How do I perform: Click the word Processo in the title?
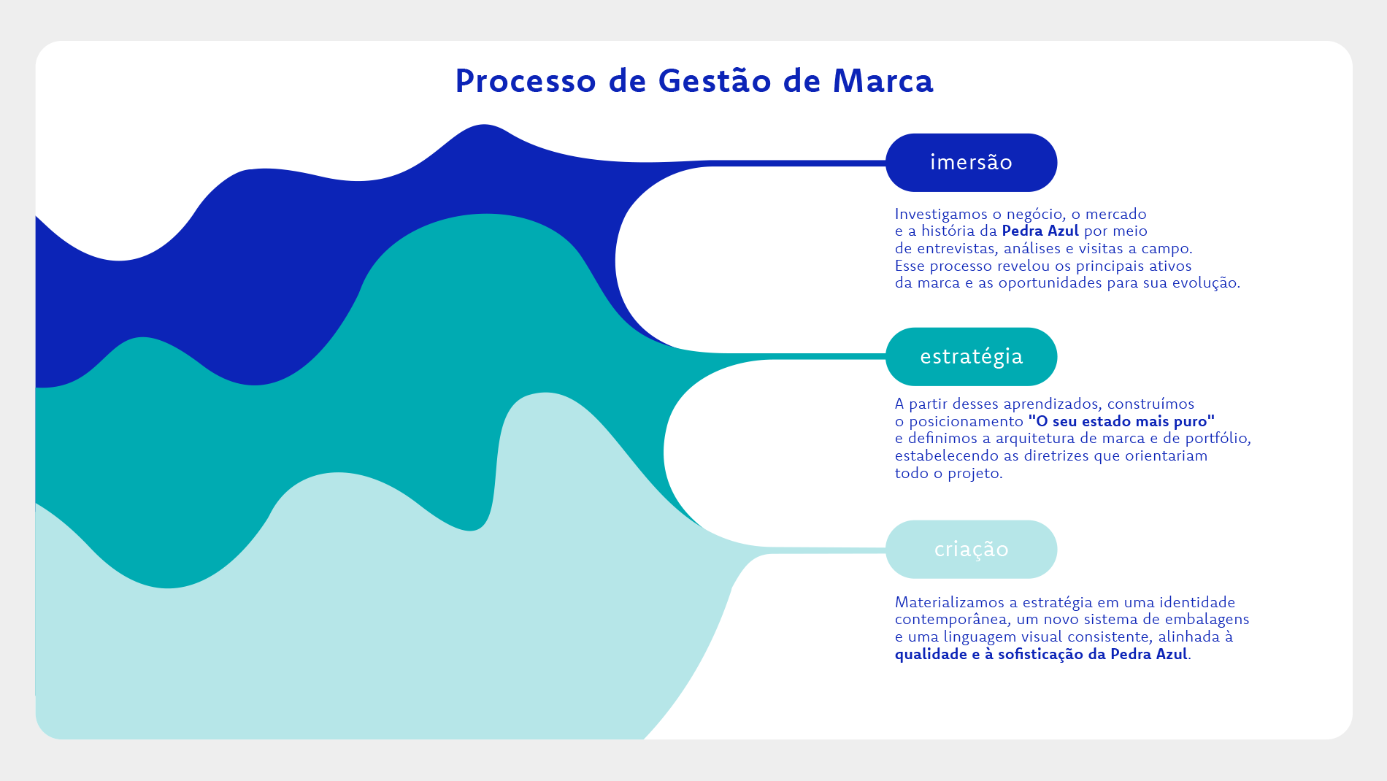pyautogui.click(x=526, y=81)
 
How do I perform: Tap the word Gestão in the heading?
pyautogui.click(x=715, y=80)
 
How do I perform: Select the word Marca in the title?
pyautogui.click(x=883, y=81)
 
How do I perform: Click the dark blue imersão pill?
pyautogui.click(x=972, y=163)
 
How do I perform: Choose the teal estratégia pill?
pyautogui.click(x=972, y=357)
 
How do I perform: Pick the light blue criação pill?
pyautogui.click(x=972, y=550)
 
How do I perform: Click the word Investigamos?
pyautogui.click(x=941, y=215)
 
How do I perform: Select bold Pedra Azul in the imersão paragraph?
pyautogui.click(x=1040, y=231)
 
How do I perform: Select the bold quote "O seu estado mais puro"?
pyautogui.click(x=1122, y=421)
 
